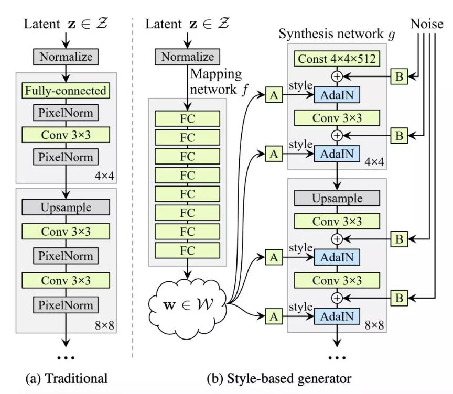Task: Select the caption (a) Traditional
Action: click(x=67, y=377)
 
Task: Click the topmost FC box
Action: click(x=187, y=118)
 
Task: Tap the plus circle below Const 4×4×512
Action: click(x=337, y=76)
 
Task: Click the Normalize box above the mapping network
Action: click(x=187, y=57)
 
